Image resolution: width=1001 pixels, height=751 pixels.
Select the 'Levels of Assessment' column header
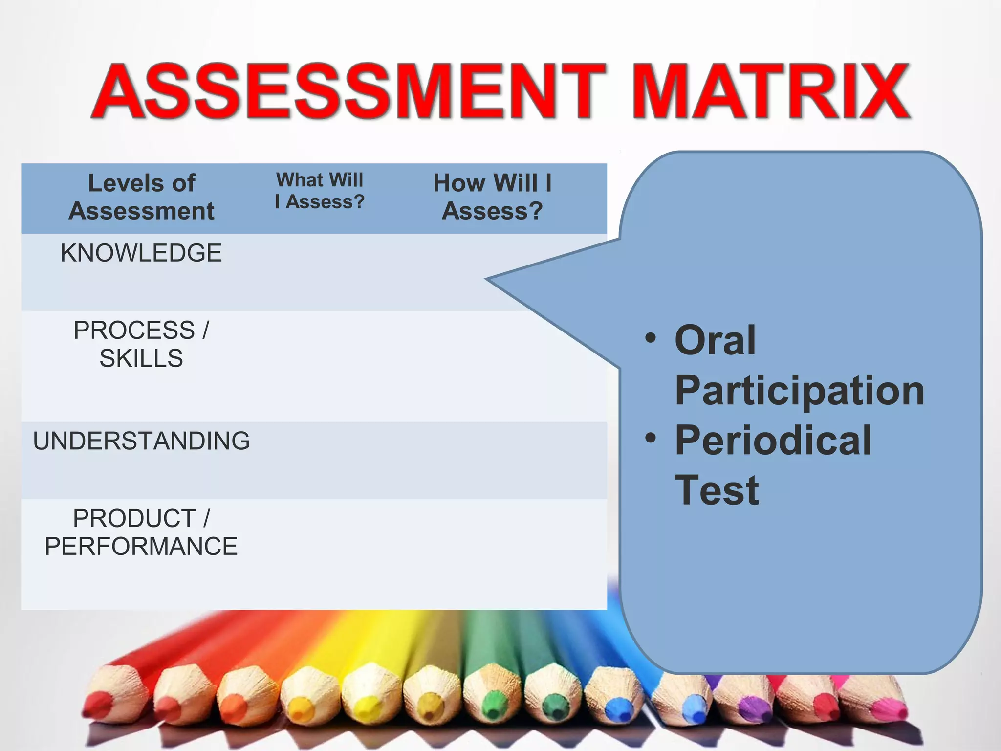(x=141, y=197)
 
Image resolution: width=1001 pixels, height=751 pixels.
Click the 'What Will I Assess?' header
(x=320, y=191)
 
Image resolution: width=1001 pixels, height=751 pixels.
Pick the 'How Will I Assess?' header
(x=492, y=197)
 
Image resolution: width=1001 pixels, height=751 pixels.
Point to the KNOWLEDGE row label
(x=141, y=253)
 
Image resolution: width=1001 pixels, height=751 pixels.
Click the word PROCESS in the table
(x=134, y=331)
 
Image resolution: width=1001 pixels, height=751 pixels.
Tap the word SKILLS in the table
(x=141, y=358)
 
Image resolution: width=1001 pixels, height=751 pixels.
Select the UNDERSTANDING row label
(x=141, y=441)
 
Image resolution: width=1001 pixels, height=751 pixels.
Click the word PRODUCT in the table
(x=134, y=518)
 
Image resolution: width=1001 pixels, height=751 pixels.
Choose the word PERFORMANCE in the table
(x=141, y=546)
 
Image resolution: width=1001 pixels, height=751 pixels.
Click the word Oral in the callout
(x=715, y=340)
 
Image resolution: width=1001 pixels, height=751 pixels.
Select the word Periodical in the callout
(x=773, y=440)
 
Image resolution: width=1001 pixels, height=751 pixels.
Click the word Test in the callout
(x=717, y=490)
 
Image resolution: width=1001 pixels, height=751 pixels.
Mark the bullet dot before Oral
(x=650, y=338)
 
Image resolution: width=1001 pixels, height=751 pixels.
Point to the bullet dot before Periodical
(x=650, y=438)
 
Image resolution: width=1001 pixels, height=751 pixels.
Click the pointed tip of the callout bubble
(x=488, y=279)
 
